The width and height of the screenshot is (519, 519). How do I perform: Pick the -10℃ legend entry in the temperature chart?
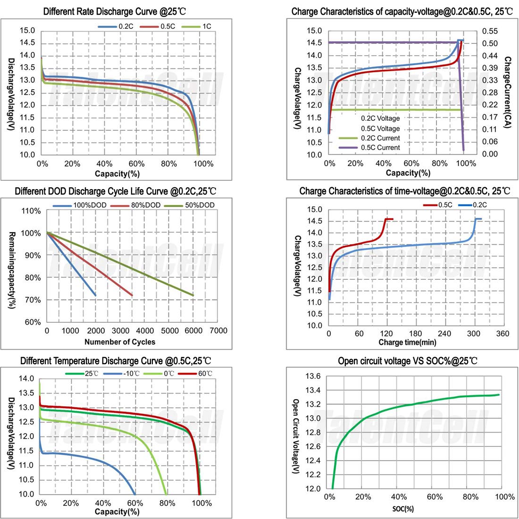pos(127,374)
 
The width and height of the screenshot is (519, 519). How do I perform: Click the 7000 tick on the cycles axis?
pos(218,331)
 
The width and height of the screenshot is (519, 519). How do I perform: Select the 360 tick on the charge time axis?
pos(503,334)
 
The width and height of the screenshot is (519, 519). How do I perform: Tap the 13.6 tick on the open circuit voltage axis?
pos(313,376)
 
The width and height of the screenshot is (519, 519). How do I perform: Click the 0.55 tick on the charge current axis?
pos(490,31)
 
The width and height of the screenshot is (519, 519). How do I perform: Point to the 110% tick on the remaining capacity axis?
pos(31,211)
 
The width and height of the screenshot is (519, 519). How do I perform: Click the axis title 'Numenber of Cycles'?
pos(120,342)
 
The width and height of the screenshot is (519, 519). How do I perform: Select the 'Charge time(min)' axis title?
pos(407,342)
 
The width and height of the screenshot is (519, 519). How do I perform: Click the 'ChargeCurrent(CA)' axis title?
pos(508,93)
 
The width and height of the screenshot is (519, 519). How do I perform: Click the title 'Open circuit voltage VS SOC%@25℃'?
pos(408,361)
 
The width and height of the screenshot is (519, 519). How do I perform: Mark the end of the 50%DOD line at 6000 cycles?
pos(193,295)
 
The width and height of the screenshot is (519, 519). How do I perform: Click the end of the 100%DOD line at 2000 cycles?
pos(95,295)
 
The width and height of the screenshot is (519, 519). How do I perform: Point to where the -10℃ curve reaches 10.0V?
pos(135,494)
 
